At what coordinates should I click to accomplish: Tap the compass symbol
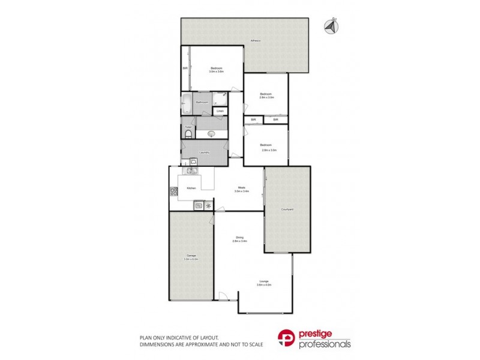point(329,27)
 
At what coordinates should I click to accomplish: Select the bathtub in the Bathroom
point(185,103)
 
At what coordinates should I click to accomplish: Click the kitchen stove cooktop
point(174,192)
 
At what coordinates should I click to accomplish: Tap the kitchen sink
point(191,171)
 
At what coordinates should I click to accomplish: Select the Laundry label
point(204,152)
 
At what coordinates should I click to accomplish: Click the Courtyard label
point(287,209)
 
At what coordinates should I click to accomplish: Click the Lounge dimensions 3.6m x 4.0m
point(265,285)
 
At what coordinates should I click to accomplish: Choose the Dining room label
point(239,238)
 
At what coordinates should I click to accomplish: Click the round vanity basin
point(211,133)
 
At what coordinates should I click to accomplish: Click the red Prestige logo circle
point(287,338)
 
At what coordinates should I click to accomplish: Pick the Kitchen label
point(191,188)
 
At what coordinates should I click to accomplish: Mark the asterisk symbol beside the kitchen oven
point(208,206)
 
